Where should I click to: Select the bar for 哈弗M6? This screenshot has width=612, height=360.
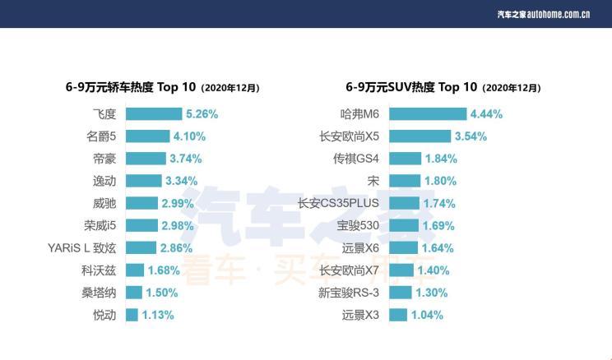click(427, 114)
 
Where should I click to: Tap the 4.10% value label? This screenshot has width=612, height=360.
click(189, 136)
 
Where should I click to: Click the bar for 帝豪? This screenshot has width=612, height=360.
click(145, 159)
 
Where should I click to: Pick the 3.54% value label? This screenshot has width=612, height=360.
click(471, 136)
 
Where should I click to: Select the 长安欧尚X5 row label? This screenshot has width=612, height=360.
click(349, 136)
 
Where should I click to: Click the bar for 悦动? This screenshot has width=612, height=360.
click(132, 314)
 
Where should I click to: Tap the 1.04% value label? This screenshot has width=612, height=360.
click(428, 314)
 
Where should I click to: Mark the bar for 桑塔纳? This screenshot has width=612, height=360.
click(133, 292)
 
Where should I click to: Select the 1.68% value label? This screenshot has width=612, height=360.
click(164, 270)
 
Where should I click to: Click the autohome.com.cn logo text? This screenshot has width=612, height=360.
click(543, 14)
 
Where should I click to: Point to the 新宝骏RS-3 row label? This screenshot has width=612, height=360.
click(349, 292)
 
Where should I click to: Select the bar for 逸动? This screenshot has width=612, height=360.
click(143, 181)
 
